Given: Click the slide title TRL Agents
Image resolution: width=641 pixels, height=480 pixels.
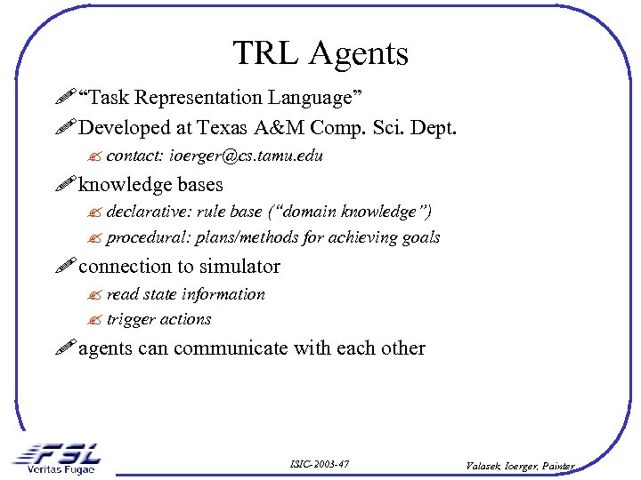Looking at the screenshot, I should point(320,53).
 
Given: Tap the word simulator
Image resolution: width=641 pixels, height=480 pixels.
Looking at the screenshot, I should point(239,267).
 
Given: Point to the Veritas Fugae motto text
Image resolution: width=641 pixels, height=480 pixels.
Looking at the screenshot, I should point(61,469).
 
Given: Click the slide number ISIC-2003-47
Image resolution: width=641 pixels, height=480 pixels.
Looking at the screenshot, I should point(320,464).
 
